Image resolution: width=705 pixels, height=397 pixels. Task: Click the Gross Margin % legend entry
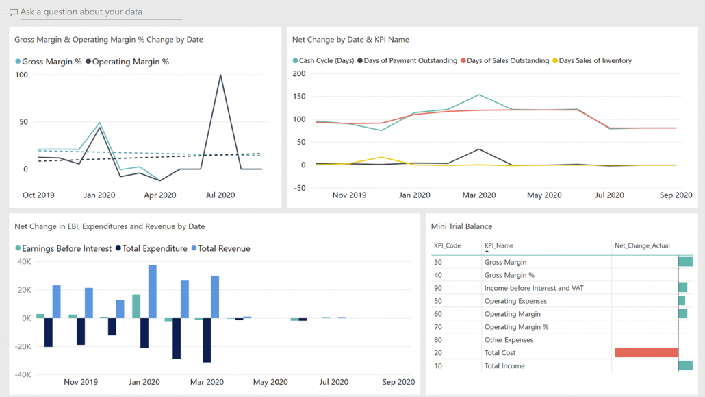coord(51,62)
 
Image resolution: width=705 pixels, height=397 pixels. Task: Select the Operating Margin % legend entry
coord(130,62)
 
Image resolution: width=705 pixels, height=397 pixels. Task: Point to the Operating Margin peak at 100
coord(220,75)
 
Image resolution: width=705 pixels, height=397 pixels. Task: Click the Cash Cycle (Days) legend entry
coord(326,61)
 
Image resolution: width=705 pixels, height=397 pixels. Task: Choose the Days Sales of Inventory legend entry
coord(595,61)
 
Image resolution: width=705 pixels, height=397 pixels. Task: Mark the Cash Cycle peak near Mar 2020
coord(478,95)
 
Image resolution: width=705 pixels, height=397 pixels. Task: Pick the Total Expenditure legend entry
coord(154,248)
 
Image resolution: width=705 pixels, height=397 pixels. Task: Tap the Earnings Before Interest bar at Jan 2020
coord(136,306)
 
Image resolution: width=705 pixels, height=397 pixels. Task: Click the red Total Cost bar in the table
coord(646,352)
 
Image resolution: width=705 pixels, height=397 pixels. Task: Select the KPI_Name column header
coord(498,245)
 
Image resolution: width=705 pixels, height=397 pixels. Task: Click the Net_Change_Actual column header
coord(642,245)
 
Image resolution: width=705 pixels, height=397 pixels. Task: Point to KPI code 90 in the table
coord(438,288)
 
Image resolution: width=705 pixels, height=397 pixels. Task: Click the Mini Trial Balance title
coord(461,226)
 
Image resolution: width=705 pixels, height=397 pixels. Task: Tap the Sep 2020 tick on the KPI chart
coord(675,195)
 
